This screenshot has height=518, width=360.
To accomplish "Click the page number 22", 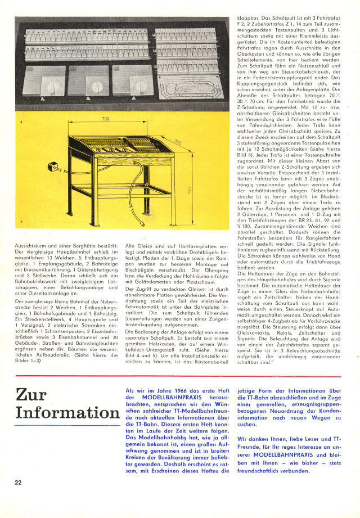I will [x=19, y=482].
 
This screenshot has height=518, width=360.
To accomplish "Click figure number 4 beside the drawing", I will [x=21, y=121].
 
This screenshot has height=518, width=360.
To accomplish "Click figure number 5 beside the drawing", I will [x=21, y=222].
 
